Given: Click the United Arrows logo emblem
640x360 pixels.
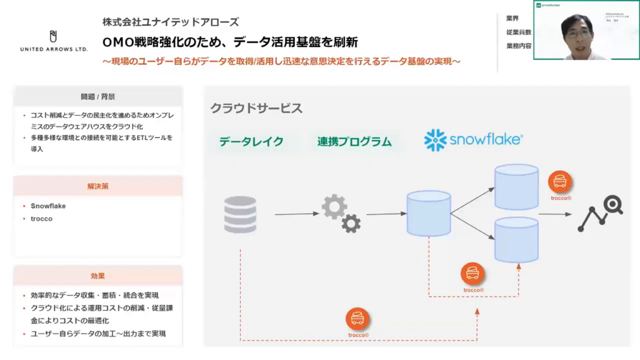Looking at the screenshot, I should click(53, 36).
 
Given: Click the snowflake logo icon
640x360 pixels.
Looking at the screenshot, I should click(435, 140).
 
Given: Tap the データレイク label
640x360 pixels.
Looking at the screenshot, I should click(251, 142).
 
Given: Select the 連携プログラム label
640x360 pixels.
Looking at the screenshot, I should click(354, 142).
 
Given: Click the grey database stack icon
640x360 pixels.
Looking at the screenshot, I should click(240, 214).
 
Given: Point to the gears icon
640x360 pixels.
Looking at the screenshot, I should click(341, 214).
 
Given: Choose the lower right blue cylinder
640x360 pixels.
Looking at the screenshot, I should click(516, 240).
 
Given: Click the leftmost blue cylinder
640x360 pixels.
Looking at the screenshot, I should click(429, 214).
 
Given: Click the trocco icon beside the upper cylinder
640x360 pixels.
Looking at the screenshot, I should click(560, 182).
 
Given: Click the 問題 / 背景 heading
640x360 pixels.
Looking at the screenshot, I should click(97, 97).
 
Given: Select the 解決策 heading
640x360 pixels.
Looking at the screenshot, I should click(97, 186).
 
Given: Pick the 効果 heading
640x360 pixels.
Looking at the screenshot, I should click(97, 276).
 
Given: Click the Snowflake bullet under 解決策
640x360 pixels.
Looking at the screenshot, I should click(48, 206).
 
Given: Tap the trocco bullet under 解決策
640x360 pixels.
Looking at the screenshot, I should click(42, 219).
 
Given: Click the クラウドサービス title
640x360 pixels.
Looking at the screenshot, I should click(256, 108).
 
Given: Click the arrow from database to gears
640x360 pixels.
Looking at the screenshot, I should click(296, 214).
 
